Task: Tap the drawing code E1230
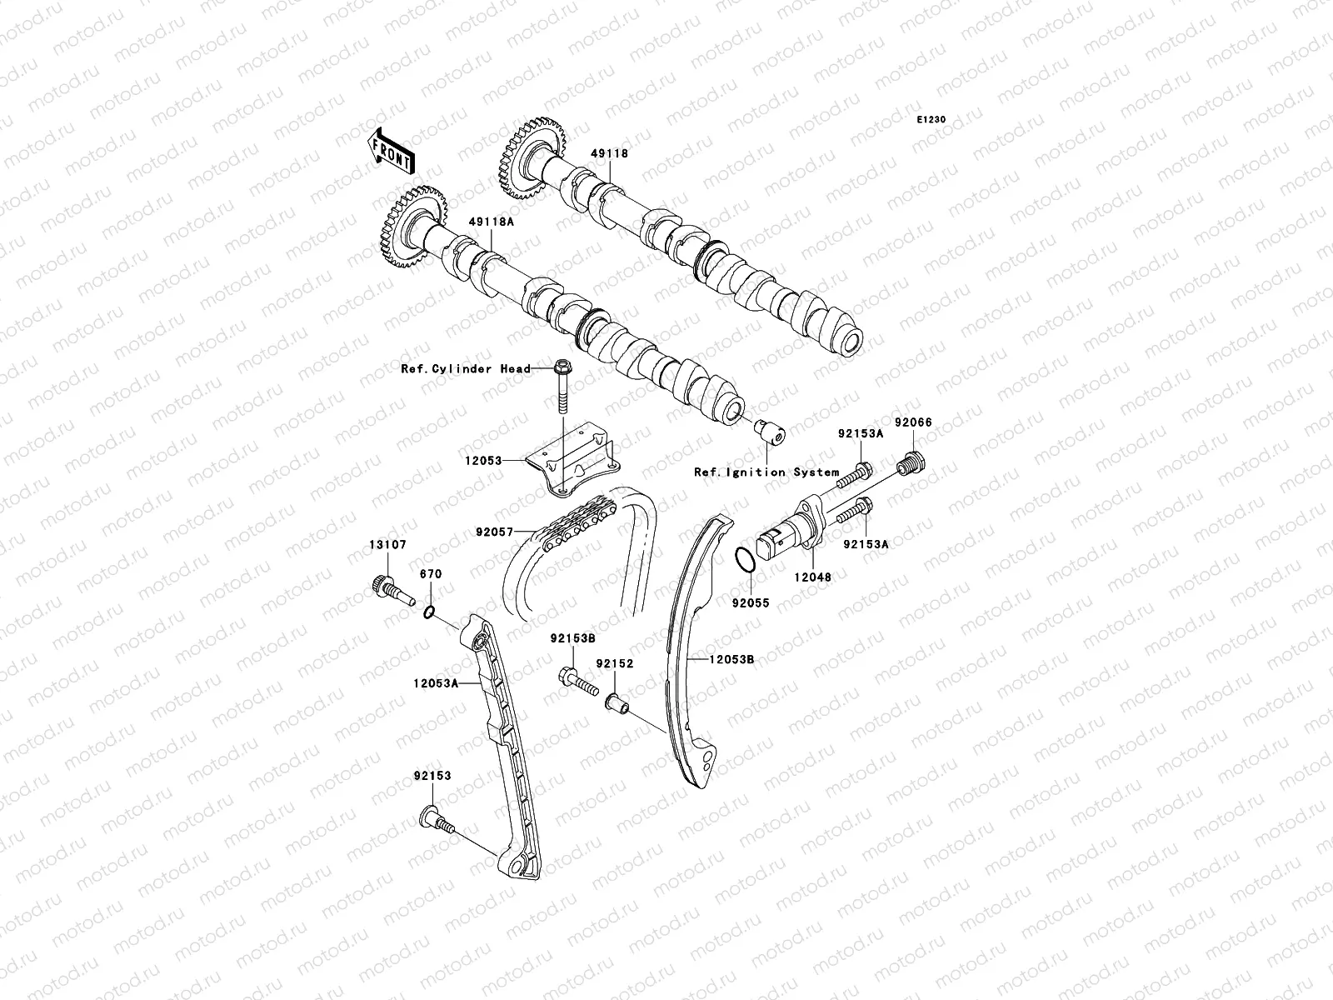click(931, 120)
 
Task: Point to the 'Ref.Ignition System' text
click(766, 472)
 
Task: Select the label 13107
click(388, 545)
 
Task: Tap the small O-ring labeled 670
click(427, 613)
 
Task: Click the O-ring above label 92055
click(746, 562)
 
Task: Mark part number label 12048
click(811, 577)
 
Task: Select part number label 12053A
click(435, 682)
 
